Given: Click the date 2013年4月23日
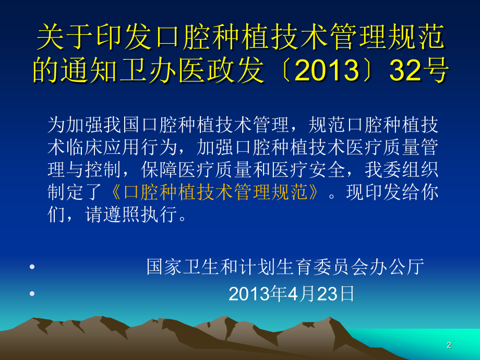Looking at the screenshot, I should coord(292,294).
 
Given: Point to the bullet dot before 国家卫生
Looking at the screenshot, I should coord(33,267).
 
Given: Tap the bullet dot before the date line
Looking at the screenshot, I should coord(33,294).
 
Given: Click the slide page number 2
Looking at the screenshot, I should coord(448,345).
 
